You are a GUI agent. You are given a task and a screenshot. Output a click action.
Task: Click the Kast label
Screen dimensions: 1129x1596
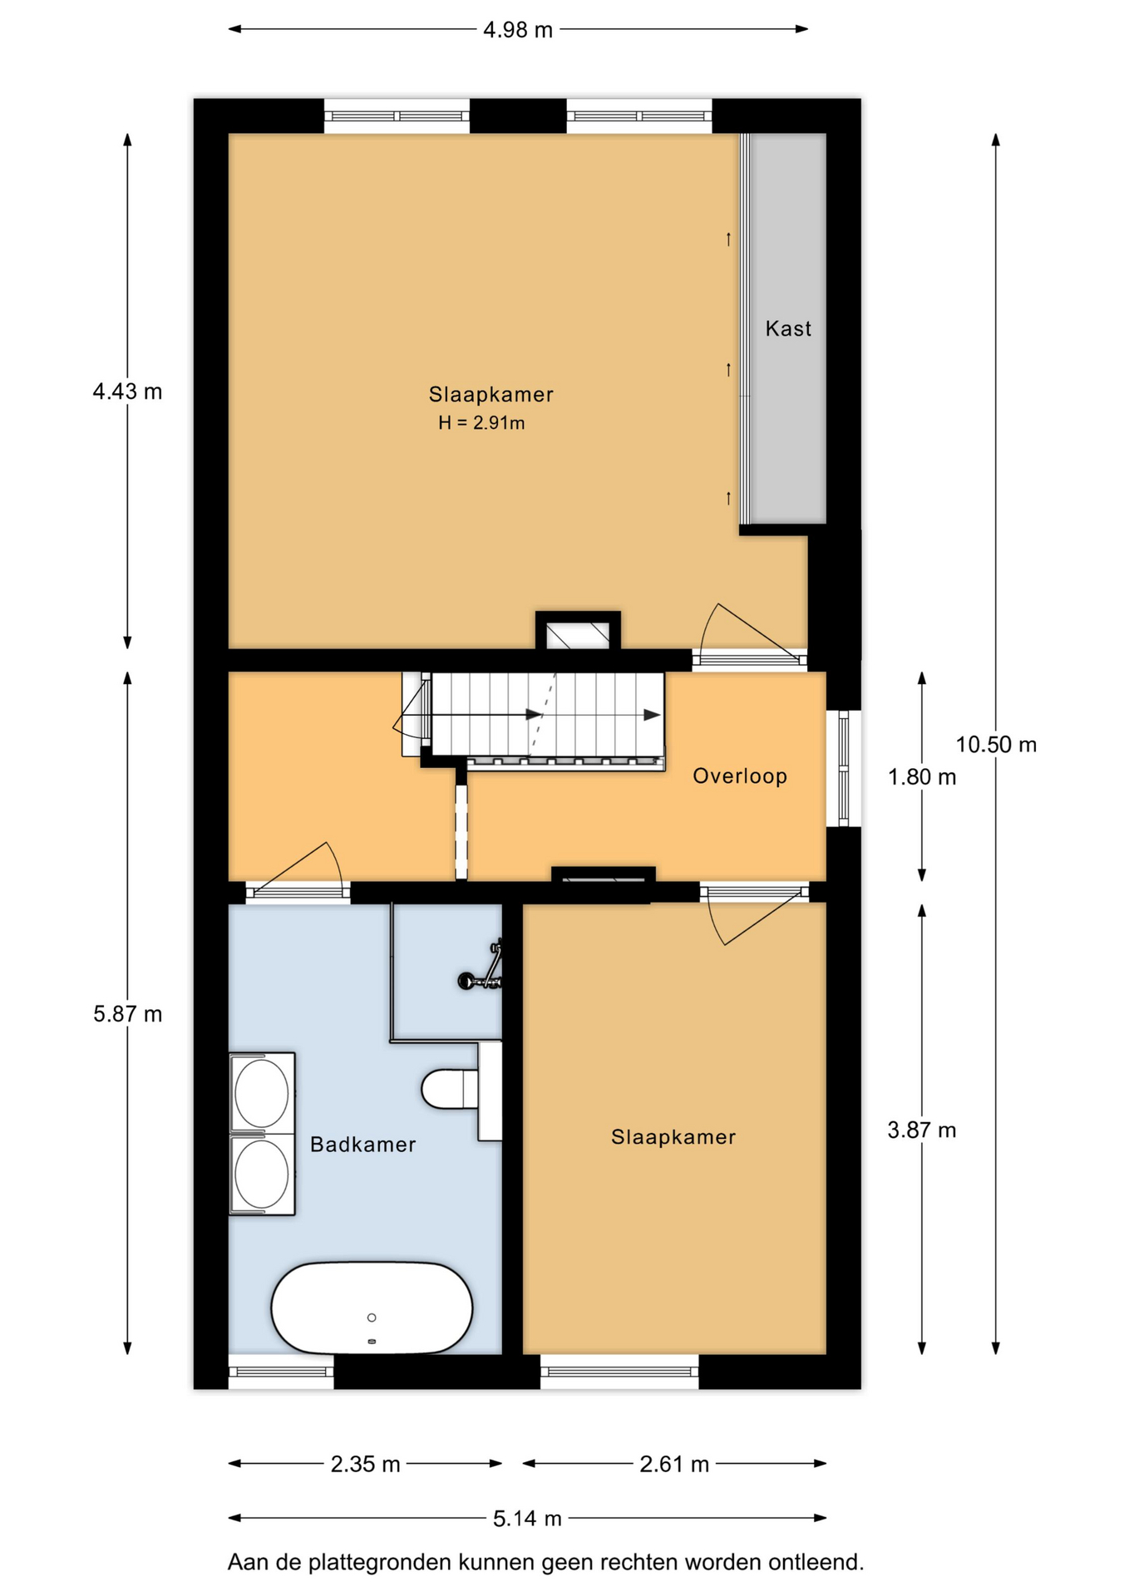pyautogui.click(x=787, y=328)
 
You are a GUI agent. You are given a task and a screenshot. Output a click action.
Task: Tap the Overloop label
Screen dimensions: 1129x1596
pyautogui.click(x=740, y=776)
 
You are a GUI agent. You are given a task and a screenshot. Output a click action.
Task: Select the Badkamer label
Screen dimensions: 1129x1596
pyautogui.click(x=362, y=1145)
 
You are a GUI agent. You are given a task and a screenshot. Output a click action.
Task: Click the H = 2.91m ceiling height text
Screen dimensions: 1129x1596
pyautogui.click(x=481, y=423)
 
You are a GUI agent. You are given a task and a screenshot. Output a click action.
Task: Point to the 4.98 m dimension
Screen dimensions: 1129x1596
pyautogui.click(x=518, y=30)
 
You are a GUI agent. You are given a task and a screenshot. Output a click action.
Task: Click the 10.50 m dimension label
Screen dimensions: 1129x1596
pyautogui.click(x=996, y=745)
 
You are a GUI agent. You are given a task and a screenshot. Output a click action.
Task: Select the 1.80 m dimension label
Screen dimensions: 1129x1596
pyautogui.click(x=922, y=777)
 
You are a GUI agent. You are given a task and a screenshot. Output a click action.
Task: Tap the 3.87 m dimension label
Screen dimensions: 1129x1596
pyautogui.click(x=922, y=1130)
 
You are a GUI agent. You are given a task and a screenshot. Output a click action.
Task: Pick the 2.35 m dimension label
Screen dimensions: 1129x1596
pyautogui.click(x=365, y=1464)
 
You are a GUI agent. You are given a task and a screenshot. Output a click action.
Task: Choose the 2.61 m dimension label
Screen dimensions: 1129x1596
pyautogui.click(x=674, y=1464)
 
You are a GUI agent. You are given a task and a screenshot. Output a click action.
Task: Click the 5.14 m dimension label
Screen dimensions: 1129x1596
pyautogui.click(x=527, y=1519)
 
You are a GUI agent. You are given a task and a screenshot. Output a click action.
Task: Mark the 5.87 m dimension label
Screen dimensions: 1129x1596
pyautogui.click(x=127, y=1014)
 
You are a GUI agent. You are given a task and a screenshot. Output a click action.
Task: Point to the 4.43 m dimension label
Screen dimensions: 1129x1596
pyautogui.click(x=127, y=392)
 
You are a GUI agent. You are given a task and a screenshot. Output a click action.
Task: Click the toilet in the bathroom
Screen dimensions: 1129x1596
pyautogui.click(x=460, y=1090)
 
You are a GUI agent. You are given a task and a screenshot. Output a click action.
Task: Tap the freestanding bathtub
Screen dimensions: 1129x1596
pyautogui.click(x=372, y=1308)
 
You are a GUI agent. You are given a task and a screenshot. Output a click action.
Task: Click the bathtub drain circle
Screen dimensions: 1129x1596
pyautogui.click(x=372, y=1318)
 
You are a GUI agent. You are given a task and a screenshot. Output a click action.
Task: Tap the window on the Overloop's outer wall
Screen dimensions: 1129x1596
pyautogui.click(x=844, y=769)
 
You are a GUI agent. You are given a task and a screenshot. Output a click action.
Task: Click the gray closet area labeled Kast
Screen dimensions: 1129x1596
pyautogui.click(x=788, y=328)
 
